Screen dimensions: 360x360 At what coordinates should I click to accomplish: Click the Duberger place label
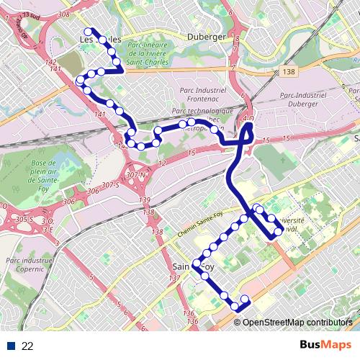click(x=206, y=36)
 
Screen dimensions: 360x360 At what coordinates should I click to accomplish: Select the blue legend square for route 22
click(x=10, y=346)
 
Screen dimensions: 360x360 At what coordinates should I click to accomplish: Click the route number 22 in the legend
click(x=27, y=346)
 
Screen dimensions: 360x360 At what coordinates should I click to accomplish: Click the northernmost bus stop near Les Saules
click(x=89, y=31)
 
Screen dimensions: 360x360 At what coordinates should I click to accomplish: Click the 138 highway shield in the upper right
click(x=289, y=71)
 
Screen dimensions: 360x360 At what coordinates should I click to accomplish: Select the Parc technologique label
click(x=203, y=112)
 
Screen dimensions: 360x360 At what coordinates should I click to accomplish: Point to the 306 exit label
click(x=91, y=192)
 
